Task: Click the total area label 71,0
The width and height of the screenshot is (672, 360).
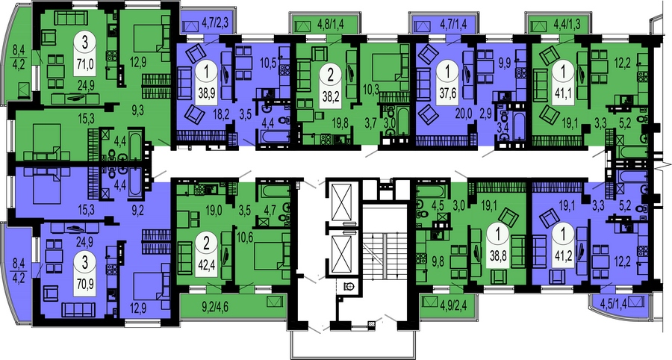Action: point(86,63)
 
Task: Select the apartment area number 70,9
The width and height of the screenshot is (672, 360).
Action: point(84,284)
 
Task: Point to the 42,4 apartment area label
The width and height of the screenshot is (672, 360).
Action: point(207,264)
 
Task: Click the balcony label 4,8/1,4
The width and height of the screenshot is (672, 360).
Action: point(331,24)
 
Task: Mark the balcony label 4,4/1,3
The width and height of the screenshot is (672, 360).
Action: point(566,24)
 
